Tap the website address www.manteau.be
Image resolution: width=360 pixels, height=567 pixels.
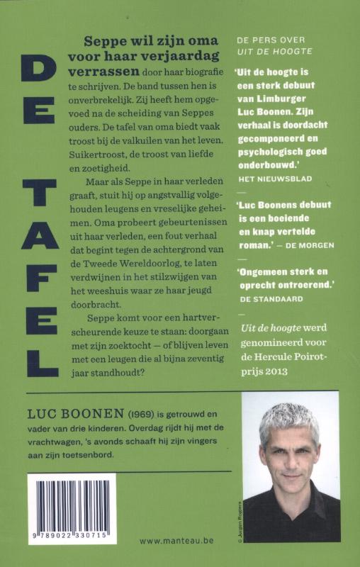click(177, 540)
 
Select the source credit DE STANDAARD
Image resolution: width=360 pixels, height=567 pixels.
click(271, 298)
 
